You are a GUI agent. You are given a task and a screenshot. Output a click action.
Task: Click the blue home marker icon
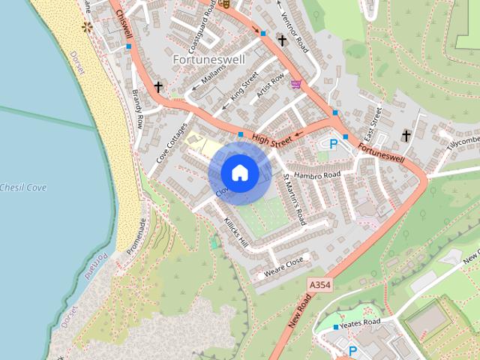[239, 172]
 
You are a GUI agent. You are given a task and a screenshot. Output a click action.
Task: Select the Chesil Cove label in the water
[23, 187]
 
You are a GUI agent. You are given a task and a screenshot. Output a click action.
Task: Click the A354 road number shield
[320, 285]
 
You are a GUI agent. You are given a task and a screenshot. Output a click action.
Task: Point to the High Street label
[271, 138]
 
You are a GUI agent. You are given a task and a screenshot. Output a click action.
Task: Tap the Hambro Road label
[317, 175]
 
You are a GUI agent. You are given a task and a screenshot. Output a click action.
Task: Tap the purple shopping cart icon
[296, 84]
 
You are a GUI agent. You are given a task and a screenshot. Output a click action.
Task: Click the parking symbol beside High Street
[334, 143]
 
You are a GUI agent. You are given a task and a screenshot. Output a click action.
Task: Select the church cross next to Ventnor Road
[282, 40]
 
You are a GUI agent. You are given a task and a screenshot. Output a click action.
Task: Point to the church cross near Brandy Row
[158, 87]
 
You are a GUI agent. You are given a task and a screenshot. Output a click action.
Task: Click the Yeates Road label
[360, 322]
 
